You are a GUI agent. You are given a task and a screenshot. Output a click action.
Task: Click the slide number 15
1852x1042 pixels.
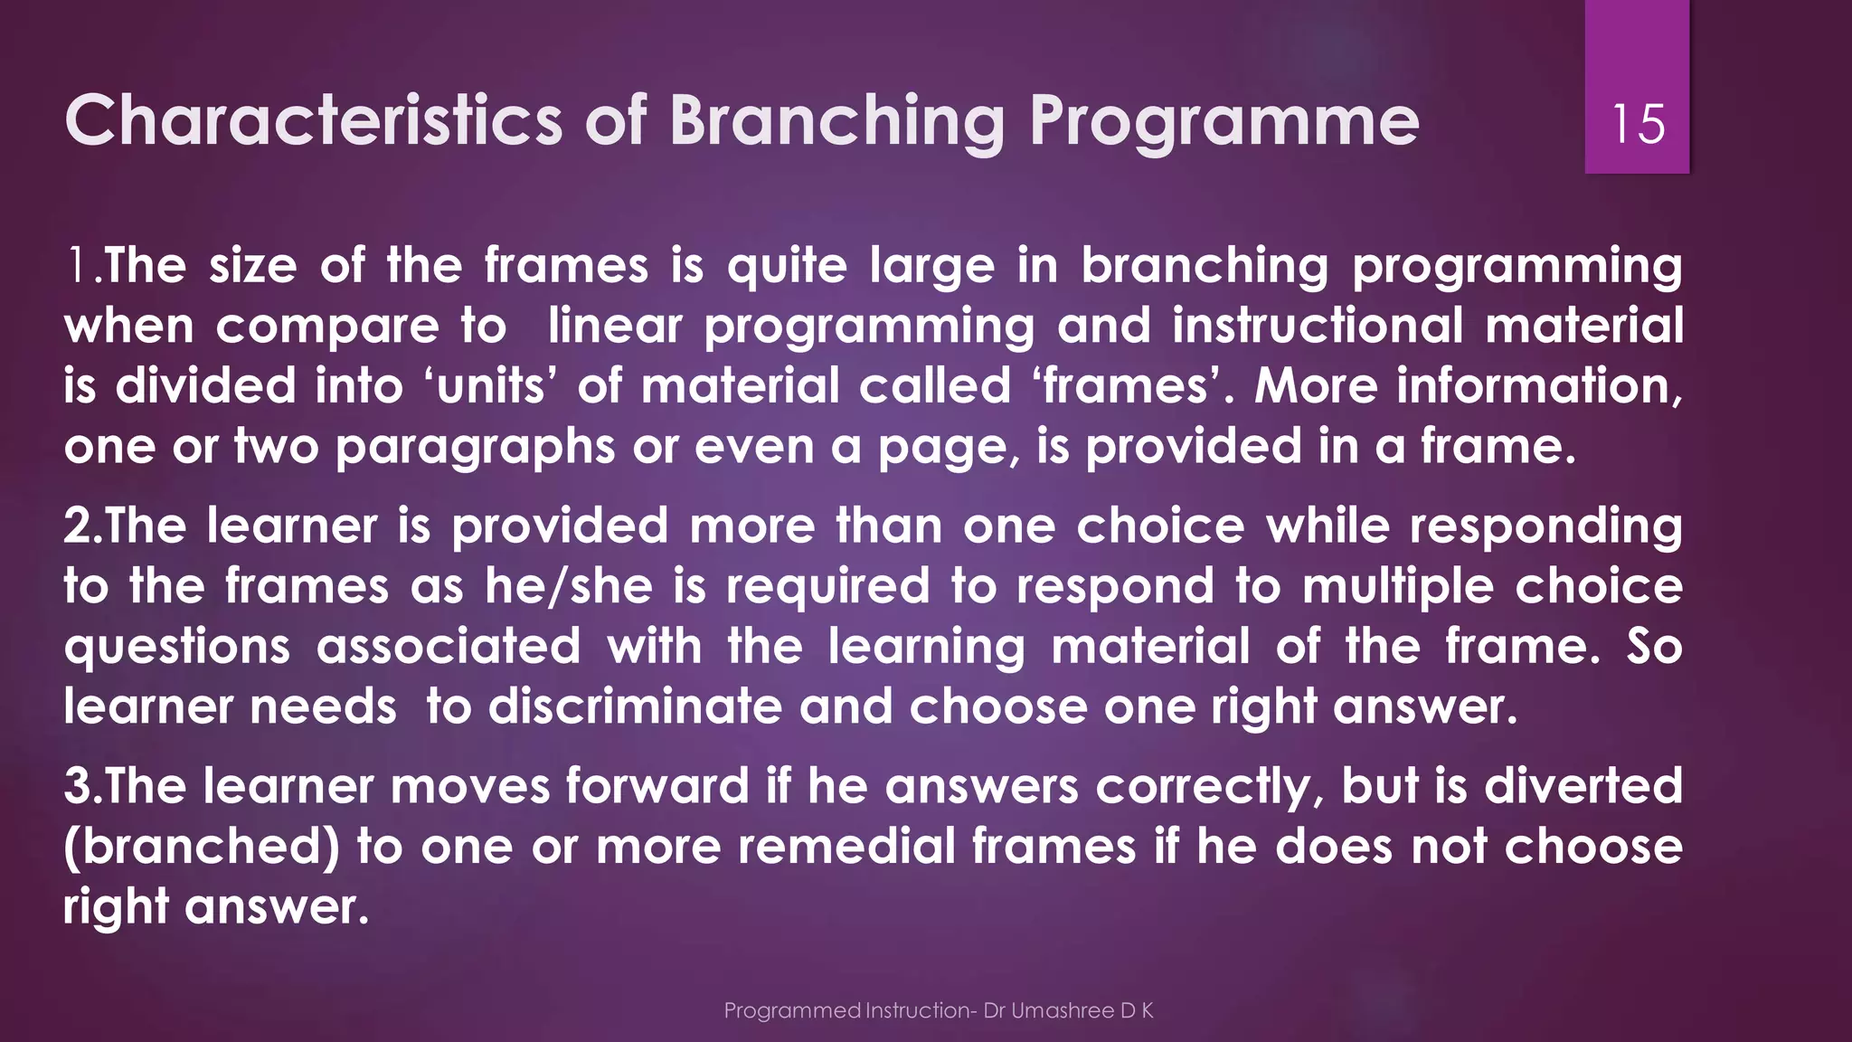(1638, 124)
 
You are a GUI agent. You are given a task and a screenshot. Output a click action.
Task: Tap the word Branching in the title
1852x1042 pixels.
(836, 121)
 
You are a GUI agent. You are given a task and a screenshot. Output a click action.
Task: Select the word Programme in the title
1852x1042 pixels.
(1224, 121)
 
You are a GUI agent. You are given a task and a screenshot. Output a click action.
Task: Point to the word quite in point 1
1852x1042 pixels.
(788, 266)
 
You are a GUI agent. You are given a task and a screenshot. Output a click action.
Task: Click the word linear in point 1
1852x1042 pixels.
(615, 326)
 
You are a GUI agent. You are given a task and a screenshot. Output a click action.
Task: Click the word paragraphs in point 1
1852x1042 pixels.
(475, 448)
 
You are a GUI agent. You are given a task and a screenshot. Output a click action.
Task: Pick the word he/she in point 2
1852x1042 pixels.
(568, 586)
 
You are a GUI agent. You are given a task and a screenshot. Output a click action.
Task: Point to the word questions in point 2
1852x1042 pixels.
(177, 648)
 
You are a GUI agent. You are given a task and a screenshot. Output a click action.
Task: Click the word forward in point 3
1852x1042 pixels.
(657, 786)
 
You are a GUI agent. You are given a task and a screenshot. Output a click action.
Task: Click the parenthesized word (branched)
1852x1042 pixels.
(201, 847)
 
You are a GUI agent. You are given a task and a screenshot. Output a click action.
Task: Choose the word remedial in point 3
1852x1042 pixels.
(846, 847)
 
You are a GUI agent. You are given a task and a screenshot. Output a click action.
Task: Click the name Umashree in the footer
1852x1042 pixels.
(1062, 1010)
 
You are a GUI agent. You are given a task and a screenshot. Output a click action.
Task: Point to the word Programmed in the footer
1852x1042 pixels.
(791, 1010)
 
